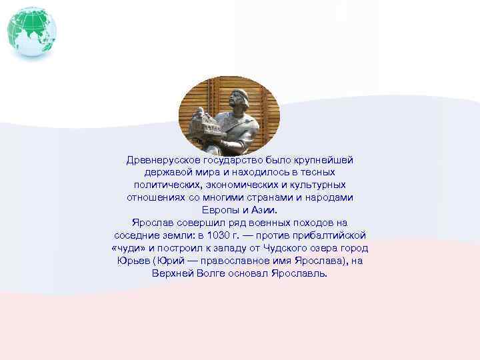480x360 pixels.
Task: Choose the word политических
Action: point(163,185)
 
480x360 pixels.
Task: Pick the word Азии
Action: point(264,210)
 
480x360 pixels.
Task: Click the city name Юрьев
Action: point(131,261)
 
